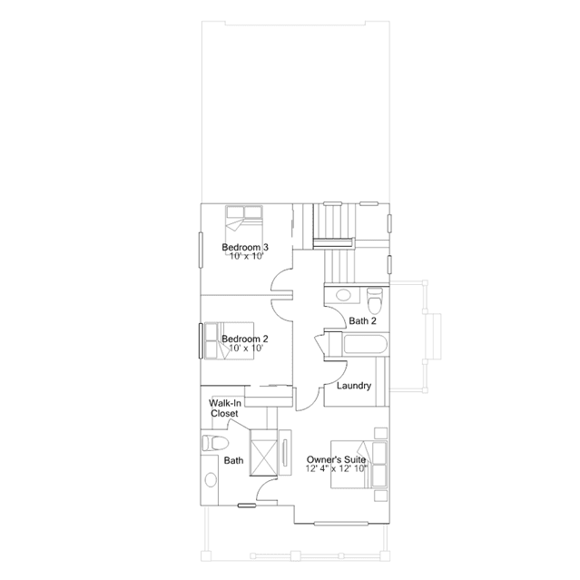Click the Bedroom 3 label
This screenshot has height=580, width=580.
click(245, 247)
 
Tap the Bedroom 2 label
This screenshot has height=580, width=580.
click(245, 339)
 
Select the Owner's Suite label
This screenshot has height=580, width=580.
click(336, 459)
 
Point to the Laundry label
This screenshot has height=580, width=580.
click(354, 386)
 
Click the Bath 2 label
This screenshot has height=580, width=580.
click(362, 320)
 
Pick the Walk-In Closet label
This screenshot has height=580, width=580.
click(224, 408)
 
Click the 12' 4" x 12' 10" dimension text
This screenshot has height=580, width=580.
click(336, 468)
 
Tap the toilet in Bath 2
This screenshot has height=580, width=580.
click(375, 300)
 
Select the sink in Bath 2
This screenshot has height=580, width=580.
click(344, 295)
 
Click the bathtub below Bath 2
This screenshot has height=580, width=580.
click(366, 344)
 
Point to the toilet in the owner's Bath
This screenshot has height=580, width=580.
click(215, 443)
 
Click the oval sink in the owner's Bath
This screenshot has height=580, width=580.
click(211, 480)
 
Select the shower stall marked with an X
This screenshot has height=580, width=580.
click(263, 453)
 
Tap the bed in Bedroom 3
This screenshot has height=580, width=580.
click(244, 223)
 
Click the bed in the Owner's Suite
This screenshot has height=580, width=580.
click(359, 464)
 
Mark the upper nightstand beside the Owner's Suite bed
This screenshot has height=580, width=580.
click(381, 433)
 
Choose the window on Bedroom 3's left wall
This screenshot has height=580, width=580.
click(201, 250)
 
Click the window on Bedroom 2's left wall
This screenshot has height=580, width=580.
click(201, 340)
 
